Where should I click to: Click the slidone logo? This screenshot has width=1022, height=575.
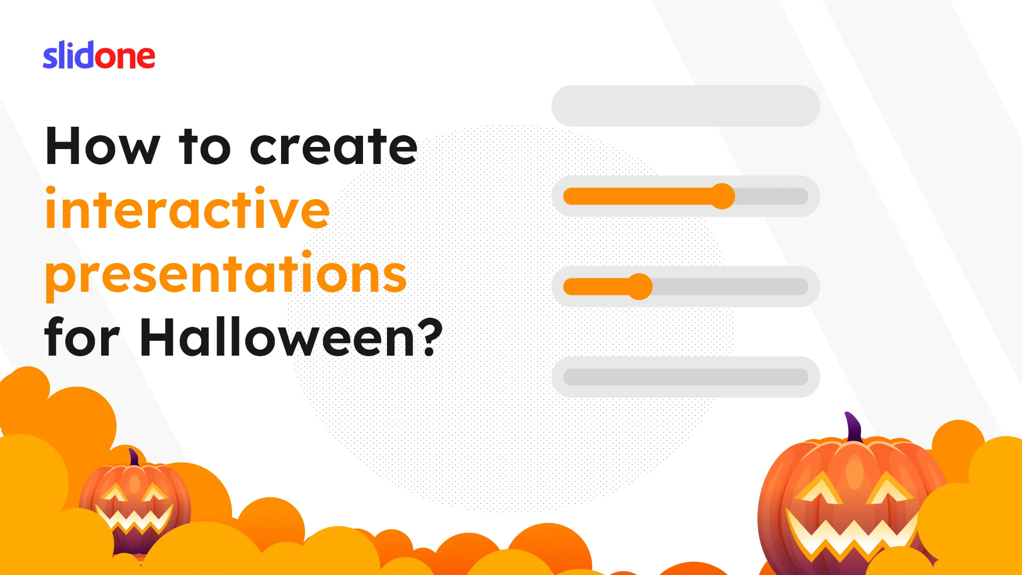point(99,55)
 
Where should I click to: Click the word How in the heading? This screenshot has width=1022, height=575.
point(103,146)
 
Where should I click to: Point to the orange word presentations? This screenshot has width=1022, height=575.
point(226,274)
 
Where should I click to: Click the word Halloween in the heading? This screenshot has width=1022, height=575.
point(277,337)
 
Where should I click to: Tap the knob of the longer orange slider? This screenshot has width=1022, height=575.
point(722,196)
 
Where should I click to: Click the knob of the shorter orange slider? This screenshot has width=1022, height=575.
point(640,287)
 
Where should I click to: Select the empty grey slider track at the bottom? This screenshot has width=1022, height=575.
point(686,377)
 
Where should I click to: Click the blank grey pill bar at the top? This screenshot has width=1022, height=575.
point(686,106)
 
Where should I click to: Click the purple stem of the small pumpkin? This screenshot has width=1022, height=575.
point(134,458)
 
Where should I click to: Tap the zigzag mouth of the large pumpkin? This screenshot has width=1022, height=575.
point(851,532)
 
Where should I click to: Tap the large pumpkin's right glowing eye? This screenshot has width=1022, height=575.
point(889,488)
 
